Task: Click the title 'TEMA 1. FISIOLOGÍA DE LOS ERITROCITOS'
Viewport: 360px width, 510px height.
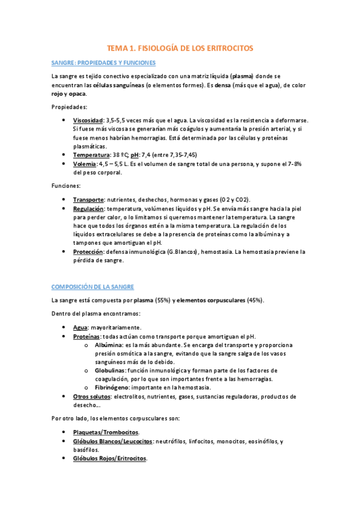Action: point(180,48)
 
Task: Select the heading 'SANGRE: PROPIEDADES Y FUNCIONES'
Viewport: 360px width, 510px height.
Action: point(103,63)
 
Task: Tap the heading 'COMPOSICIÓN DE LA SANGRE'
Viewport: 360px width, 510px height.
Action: point(93,287)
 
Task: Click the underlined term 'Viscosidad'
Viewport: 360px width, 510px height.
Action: point(88,120)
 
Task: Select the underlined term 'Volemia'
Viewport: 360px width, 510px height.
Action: point(85,164)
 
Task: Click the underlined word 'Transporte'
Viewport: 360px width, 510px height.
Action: point(88,200)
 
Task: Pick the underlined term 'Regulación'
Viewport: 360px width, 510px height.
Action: point(88,208)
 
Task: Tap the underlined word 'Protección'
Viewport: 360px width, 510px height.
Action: point(88,252)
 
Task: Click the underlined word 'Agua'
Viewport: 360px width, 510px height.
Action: point(81,328)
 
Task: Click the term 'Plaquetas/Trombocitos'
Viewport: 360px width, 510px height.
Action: point(105,432)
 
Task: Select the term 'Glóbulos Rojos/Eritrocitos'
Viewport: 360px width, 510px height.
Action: point(109,458)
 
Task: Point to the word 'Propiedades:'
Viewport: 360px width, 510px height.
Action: point(69,107)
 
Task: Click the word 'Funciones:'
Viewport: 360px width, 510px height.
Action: point(66,186)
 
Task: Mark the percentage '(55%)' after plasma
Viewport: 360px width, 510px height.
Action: point(162,300)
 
